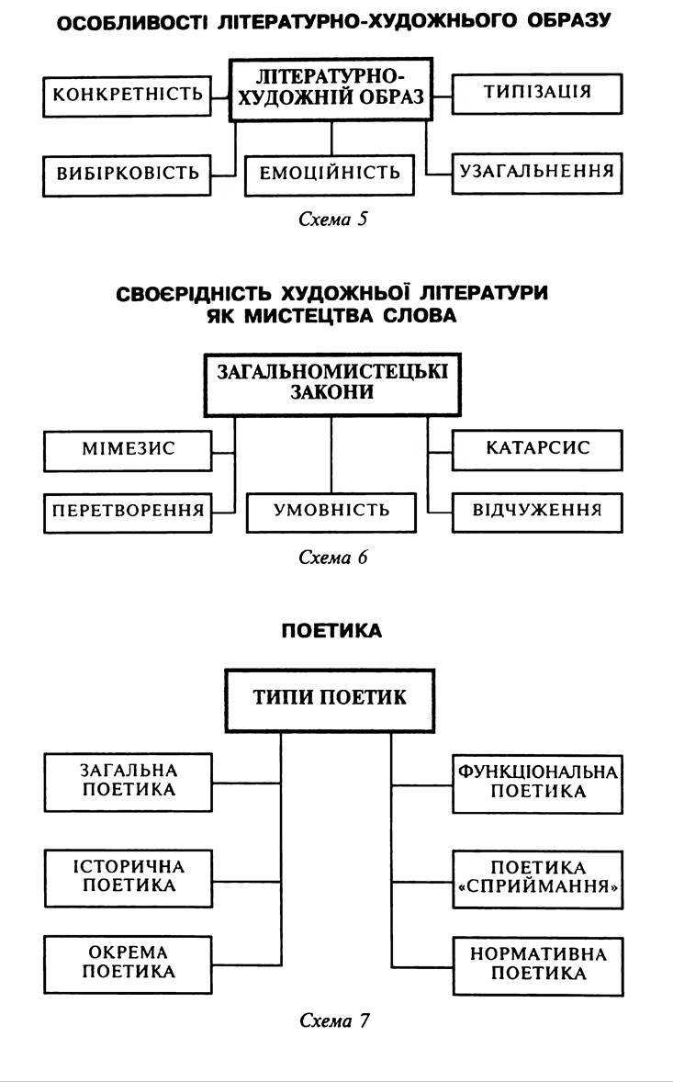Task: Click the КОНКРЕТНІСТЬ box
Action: pyautogui.click(x=127, y=95)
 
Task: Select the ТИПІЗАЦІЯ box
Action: pyautogui.click(x=537, y=93)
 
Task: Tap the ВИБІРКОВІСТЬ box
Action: pyautogui.click(x=127, y=175)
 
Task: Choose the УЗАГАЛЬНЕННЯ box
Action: pyautogui.click(x=537, y=173)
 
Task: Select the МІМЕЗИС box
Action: pyautogui.click(x=127, y=449)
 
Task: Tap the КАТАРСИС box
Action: pyautogui.click(x=537, y=449)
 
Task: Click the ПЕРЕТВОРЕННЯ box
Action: pyautogui.click(x=127, y=512)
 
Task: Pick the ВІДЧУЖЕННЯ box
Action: pyautogui.click(x=537, y=512)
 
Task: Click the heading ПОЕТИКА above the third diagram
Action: pyautogui.click(x=331, y=631)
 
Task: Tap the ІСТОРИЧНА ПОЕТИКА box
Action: pyautogui.click(x=128, y=876)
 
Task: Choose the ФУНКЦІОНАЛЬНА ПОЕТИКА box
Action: pyautogui.click(x=537, y=782)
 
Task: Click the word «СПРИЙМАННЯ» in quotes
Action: pyautogui.click(x=538, y=887)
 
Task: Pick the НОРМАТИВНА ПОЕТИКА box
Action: pyautogui.click(x=537, y=964)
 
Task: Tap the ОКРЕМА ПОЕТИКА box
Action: pyautogui.click(x=128, y=963)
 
